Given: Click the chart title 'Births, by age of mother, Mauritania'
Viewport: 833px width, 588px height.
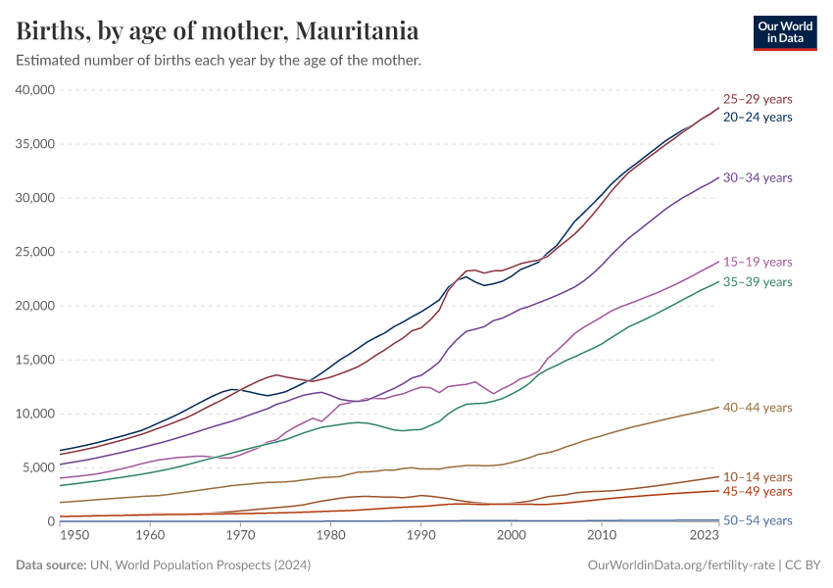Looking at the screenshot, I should click(x=218, y=31).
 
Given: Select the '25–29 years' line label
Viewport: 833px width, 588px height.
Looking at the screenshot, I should click(x=757, y=99).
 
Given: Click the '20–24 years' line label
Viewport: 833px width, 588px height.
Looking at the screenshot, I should click(x=757, y=117).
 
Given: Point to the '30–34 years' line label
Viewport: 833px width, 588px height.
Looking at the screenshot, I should click(x=757, y=177).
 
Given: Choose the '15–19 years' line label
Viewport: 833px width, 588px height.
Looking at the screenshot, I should click(x=757, y=262).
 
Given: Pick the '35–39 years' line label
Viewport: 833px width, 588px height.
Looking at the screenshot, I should click(x=757, y=281).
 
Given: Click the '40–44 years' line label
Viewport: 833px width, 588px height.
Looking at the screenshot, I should click(x=757, y=407).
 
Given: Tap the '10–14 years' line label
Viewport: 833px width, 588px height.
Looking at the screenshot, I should click(x=757, y=475).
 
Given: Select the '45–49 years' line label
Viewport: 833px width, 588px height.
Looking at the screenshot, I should click(x=757, y=491).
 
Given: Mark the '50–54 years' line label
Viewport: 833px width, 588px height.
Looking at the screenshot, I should click(x=757, y=520).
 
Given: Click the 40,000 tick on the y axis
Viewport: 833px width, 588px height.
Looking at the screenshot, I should click(x=35, y=90).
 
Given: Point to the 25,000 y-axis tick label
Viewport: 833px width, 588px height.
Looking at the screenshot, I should click(x=35, y=252).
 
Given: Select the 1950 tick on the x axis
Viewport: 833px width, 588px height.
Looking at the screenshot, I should click(x=74, y=535).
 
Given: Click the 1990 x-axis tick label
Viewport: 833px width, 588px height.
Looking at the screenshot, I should click(x=420, y=535).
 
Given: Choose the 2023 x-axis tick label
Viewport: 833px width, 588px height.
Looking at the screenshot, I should click(x=704, y=535).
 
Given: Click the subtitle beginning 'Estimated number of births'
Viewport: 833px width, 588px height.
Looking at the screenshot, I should click(x=218, y=61).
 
